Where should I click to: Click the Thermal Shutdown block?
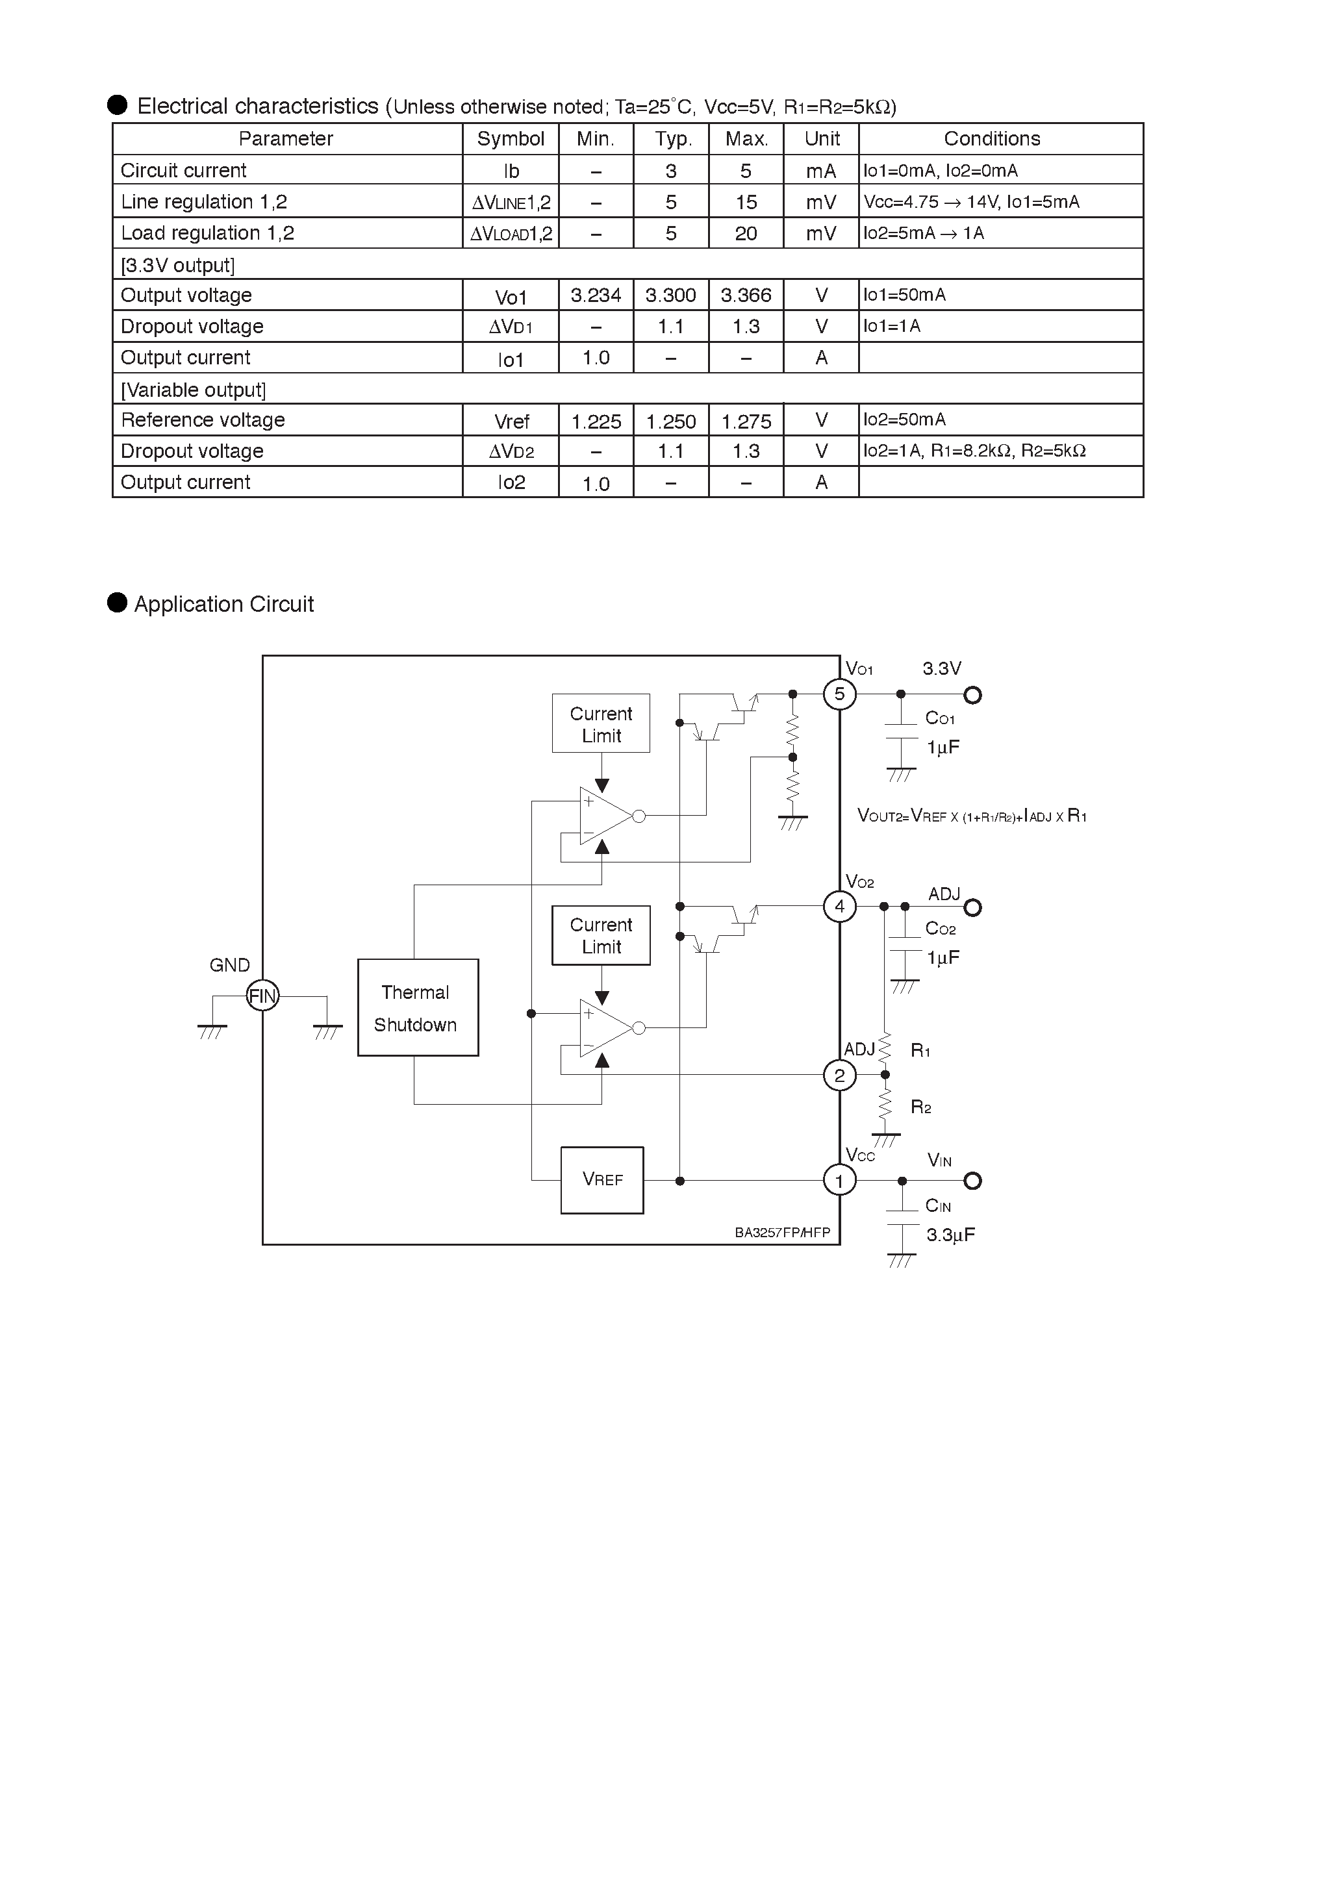(x=418, y=1007)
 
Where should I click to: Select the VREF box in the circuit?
(x=601, y=1179)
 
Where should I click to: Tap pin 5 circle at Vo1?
(x=839, y=694)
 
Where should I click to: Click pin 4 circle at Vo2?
(x=839, y=907)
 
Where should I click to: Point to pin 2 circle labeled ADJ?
(x=839, y=1075)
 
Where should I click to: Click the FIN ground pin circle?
(x=262, y=996)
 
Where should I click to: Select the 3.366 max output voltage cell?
(x=746, y=296)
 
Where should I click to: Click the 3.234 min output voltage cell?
(x=596, y=296)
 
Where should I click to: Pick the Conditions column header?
(x=991, y=139)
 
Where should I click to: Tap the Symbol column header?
(x=511, y=139)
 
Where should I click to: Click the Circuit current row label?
(x=184, y=170)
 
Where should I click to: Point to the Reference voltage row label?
(x=203, y=420)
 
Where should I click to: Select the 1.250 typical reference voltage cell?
(x=671, y=421)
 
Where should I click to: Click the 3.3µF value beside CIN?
(x=950, y=1235)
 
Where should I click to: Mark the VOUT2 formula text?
(x=971, y=816)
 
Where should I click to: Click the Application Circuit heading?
(x=223, y=605)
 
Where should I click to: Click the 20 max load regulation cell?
(x=746, y=234)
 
